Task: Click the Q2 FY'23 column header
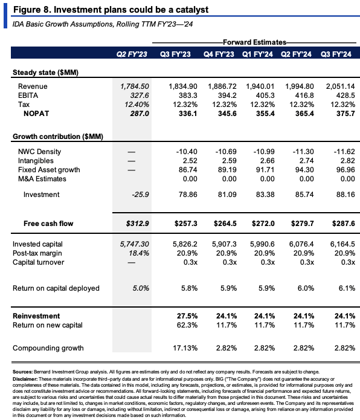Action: [132, 54]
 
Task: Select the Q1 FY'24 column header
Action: [257, 54]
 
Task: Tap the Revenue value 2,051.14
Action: [340, 86]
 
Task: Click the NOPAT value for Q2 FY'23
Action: [140, 114]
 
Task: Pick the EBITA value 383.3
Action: [188, 95]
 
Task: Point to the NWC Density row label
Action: [39, 152]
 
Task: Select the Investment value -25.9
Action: [140, 195]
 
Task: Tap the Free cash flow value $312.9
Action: [137, 224]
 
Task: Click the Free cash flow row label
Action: [48, 224]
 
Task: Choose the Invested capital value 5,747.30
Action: [134, 244]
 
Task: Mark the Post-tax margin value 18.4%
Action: [139, 253]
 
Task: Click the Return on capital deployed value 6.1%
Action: [347, 288]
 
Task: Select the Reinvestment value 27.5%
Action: [187, 316]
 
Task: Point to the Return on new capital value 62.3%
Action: [187, 325]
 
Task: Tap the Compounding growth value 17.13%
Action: [185, 348]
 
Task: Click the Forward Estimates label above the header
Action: [254, 42]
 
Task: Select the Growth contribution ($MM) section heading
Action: [58, 137]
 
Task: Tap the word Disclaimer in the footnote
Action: [25, 379]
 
